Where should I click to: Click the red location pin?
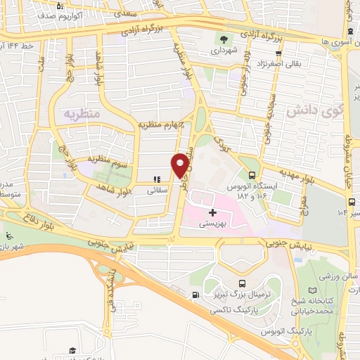point(181,165)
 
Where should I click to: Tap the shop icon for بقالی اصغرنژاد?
point(278,53)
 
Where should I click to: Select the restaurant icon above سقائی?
point(157,179)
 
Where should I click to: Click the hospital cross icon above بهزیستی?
point(212,212)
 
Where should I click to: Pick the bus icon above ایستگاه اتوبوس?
point(252,176)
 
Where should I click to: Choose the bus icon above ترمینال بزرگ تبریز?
point(243,284)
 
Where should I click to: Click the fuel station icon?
point(195,296)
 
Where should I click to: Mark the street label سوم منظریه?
point(105,158)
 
